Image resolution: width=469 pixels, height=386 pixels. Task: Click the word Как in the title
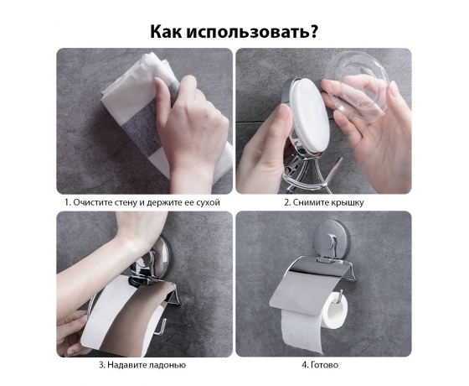point(166,31)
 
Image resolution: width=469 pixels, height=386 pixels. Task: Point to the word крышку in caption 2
point(348,203)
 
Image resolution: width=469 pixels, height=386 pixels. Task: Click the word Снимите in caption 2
point(311,202)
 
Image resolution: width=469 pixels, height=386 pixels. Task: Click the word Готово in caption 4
point(325,365)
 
